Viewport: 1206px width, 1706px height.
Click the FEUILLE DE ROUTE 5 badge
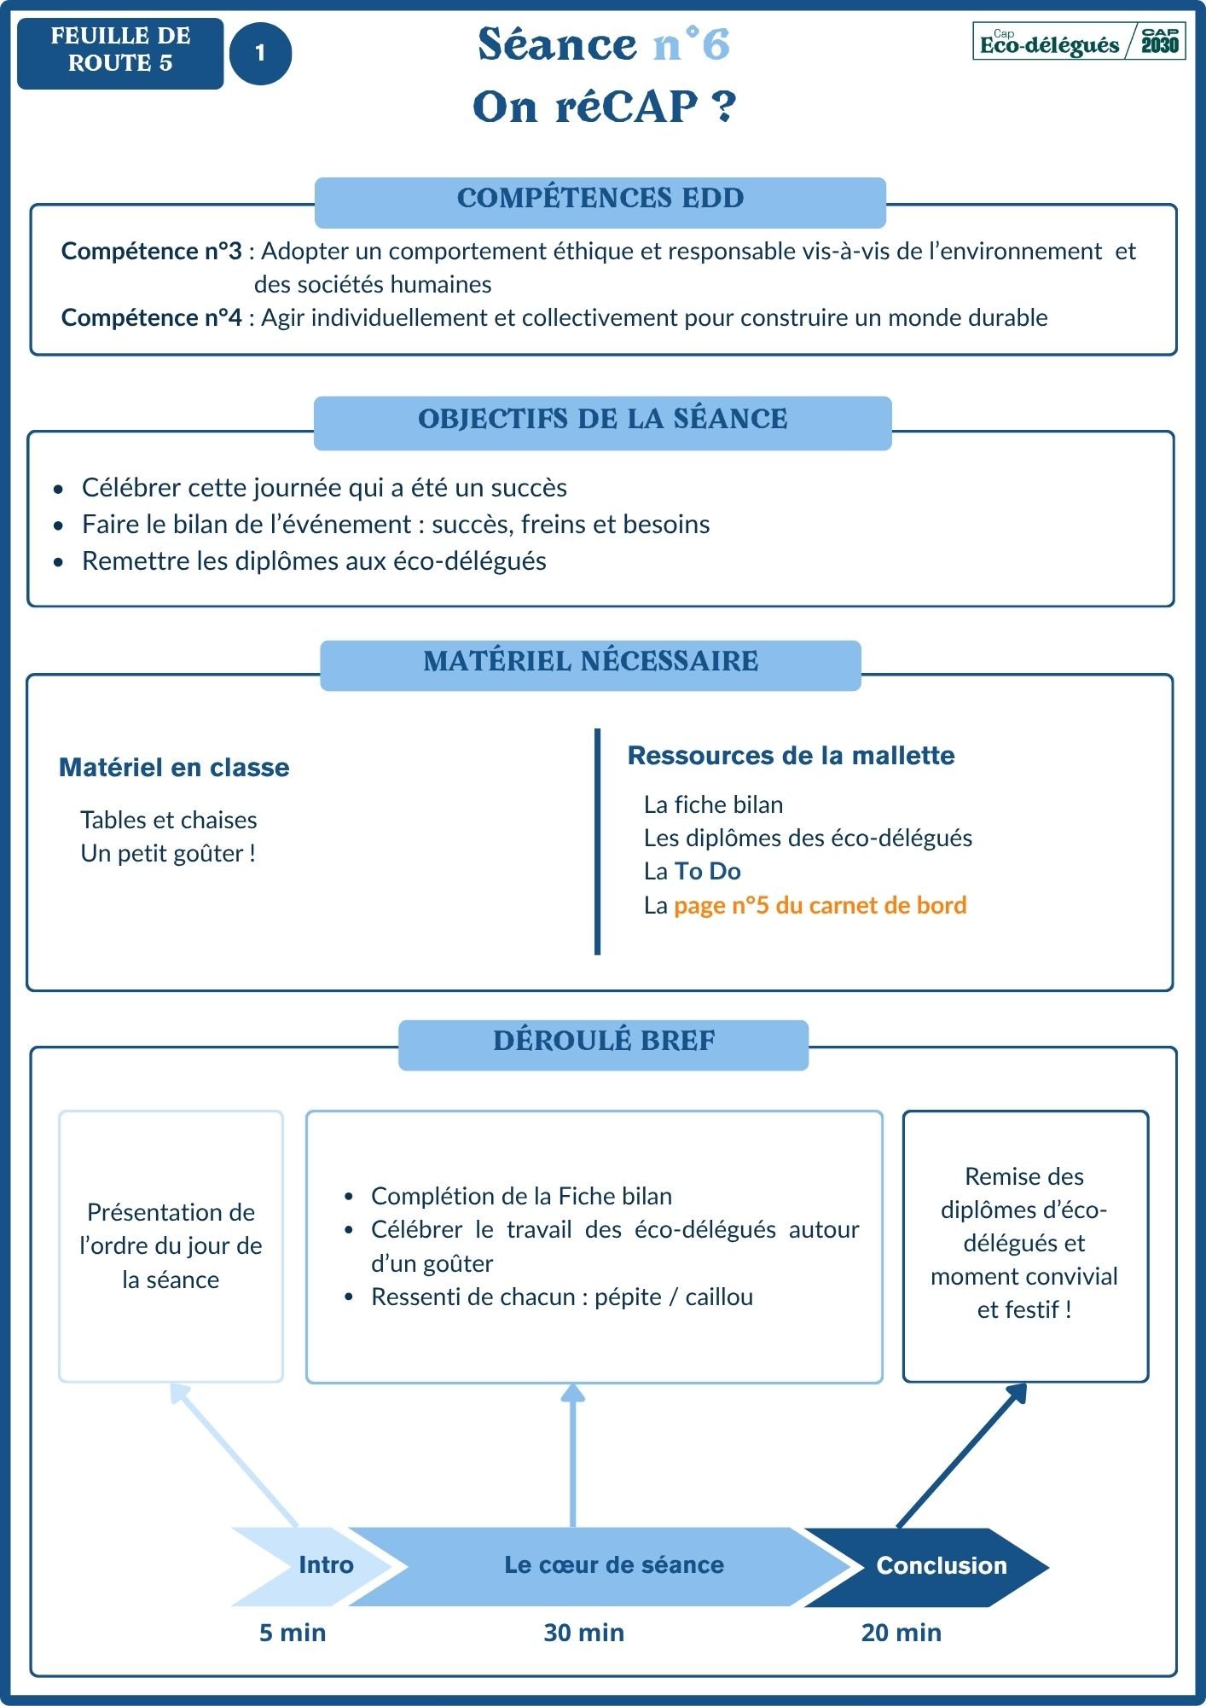(x=120, y=53)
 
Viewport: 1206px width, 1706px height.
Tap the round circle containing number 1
(x=260, y=54)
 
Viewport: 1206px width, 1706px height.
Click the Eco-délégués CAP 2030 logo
(x=1079, y=41)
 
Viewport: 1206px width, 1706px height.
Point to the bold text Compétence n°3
(x=151, y=252)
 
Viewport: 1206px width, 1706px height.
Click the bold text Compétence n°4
(x=151, y=318)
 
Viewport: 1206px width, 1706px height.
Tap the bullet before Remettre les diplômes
(x=58, y=562)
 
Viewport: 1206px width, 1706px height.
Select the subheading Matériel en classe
(x=174, y=768)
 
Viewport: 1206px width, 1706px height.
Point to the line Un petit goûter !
(x=168, y=854)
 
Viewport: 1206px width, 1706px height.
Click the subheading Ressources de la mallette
(x=791, y=756)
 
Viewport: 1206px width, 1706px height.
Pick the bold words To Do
(x=707, y=872)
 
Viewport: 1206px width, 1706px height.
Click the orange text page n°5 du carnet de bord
(x=820, y=906)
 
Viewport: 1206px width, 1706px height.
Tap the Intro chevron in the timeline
(x=316, y=1566)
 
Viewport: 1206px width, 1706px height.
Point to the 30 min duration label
(x=583, y=1633)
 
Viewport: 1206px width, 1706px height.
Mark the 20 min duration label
(x=901, y=1633)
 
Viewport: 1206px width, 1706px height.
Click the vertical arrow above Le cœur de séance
(x=572, y=1454)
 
